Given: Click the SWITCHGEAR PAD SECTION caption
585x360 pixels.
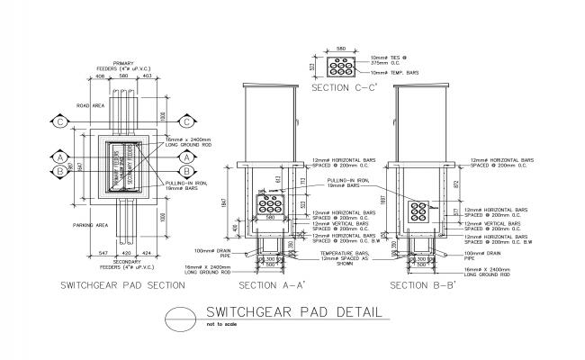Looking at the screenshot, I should click(x=121, y=285).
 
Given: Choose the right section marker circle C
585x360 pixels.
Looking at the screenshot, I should click(x=186, y=121).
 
